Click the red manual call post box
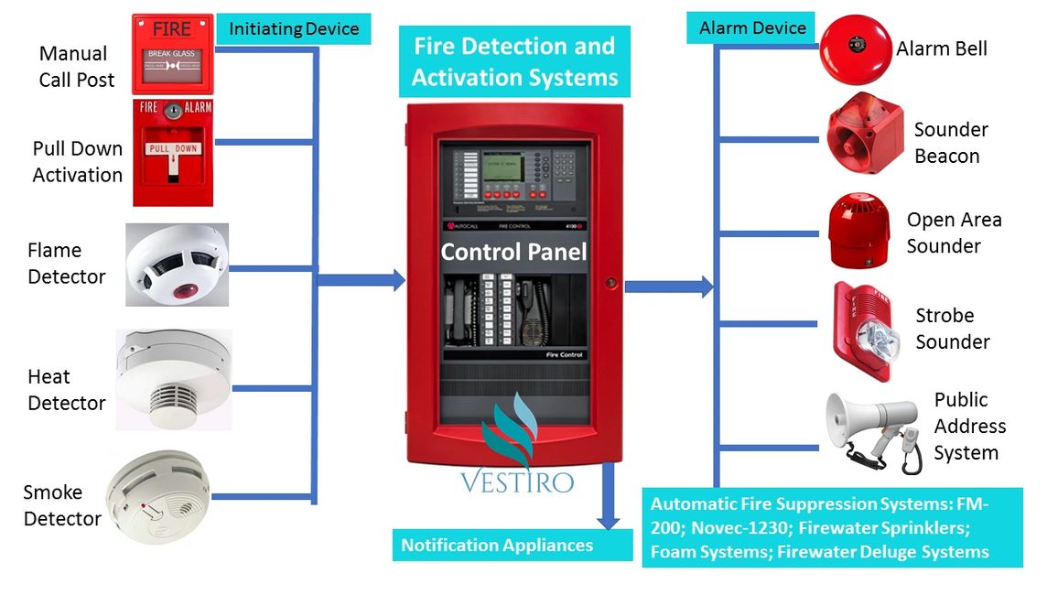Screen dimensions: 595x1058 (172, 53)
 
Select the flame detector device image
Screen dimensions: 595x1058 (177, 265)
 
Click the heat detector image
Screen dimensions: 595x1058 (173, 379)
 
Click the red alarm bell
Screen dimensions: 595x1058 (855, 49)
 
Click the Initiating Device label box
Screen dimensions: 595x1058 (294, 28)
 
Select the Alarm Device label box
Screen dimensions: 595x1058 (751, 27)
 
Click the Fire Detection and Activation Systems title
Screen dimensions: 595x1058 (514, 61)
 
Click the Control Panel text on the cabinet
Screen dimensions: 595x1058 (513, 251)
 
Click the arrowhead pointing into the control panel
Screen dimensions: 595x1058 (397, 280)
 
